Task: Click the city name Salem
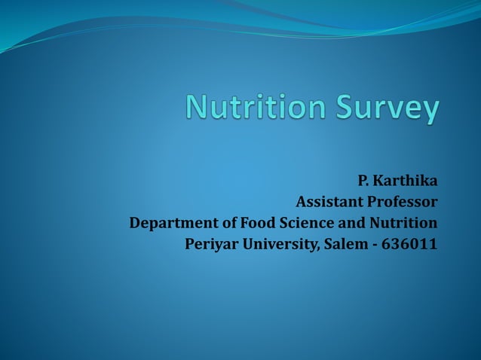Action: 344,245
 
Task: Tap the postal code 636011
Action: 412,245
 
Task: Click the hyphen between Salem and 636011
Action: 375,246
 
